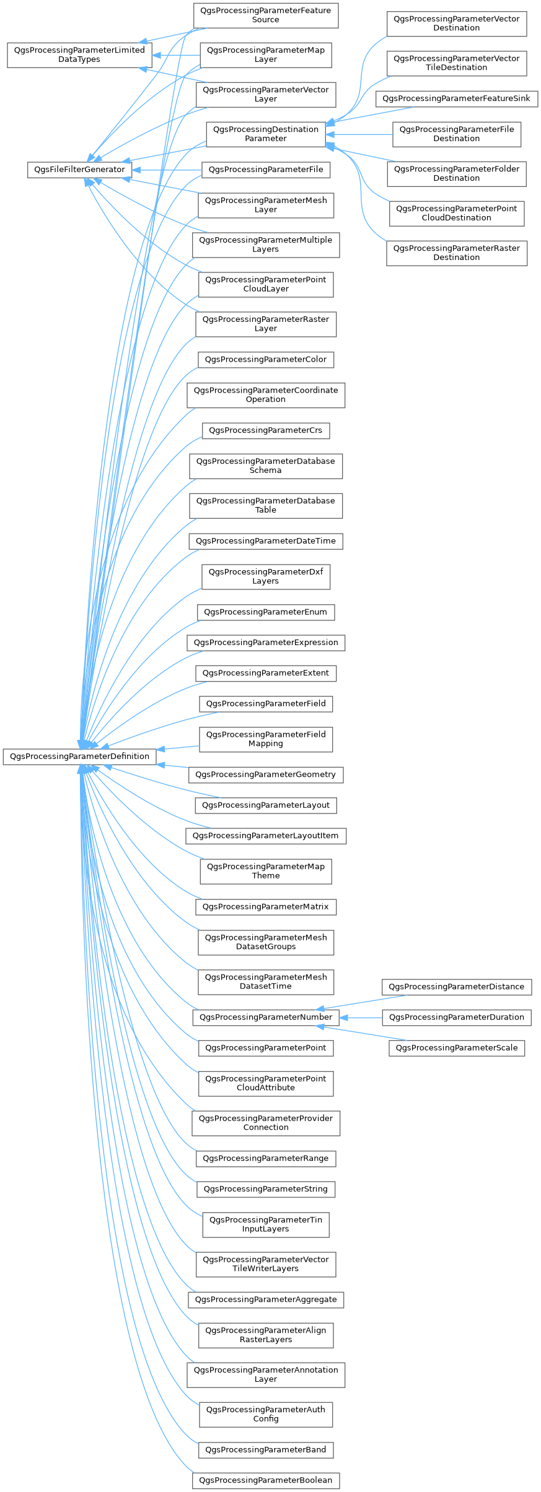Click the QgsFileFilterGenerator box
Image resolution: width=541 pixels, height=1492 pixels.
79,170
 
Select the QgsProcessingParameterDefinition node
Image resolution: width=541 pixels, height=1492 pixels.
79,757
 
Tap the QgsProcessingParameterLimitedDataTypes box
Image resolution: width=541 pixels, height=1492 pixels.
79,55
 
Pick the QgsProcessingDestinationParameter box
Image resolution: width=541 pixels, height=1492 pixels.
266,134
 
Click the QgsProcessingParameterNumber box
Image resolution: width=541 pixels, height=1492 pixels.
266,1017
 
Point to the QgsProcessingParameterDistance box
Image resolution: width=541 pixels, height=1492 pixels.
457,987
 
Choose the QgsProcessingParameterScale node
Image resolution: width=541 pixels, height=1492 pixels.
457,1048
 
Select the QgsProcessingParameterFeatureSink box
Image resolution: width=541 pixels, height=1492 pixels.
457,99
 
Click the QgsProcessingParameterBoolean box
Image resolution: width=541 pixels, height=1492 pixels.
266,1481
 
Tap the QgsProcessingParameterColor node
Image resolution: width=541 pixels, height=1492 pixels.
266,360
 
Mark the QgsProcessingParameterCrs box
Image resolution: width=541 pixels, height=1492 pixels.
266,430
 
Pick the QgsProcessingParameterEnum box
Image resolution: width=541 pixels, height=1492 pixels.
266,612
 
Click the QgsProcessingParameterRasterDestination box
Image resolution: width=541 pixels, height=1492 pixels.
457,253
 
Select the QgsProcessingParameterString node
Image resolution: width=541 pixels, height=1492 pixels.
266,1189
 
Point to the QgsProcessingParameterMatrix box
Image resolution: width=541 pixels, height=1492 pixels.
266,907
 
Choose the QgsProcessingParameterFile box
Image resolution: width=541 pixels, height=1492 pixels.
266,170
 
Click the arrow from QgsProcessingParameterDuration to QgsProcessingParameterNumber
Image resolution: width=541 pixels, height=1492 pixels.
361,1017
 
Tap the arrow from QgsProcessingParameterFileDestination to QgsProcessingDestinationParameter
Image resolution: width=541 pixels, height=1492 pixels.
359,134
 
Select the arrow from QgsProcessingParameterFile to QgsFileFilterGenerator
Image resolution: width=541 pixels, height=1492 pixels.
167,170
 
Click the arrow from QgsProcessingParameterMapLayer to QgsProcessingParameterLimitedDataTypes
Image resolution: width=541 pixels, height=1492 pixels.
176,55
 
